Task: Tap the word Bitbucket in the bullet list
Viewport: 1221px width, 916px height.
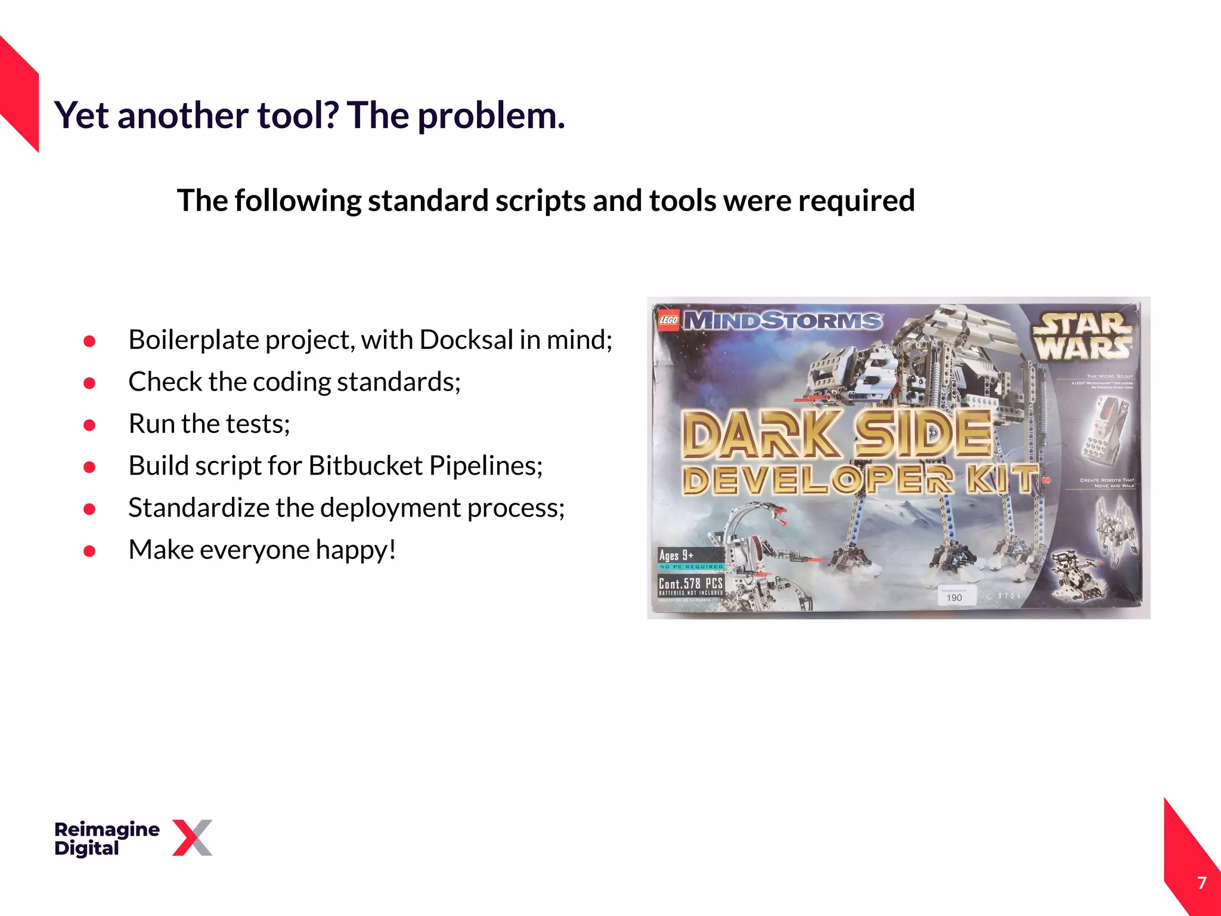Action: tap(365, 466)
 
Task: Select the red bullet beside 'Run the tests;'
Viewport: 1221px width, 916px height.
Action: tap(89, 425)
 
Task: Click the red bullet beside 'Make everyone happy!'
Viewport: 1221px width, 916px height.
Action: tap(89, 551)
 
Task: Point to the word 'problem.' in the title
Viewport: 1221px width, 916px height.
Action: tap(491, 115)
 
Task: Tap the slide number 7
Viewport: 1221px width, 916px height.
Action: tap(1202, 883)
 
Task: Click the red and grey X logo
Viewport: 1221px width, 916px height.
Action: tap(192, 838)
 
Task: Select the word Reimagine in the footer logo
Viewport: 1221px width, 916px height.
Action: tap(107, 829)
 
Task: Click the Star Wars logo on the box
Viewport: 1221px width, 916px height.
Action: tap(1083, 338)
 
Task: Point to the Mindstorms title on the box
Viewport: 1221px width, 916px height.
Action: tap(782, 321)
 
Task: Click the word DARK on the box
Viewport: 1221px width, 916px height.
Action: tap(760, 434)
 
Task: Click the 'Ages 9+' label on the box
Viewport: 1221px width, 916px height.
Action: tap(677, 555)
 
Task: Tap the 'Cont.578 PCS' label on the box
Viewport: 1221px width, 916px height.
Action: tap(690, 583)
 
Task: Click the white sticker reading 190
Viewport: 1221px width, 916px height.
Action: tap(955, 596)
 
